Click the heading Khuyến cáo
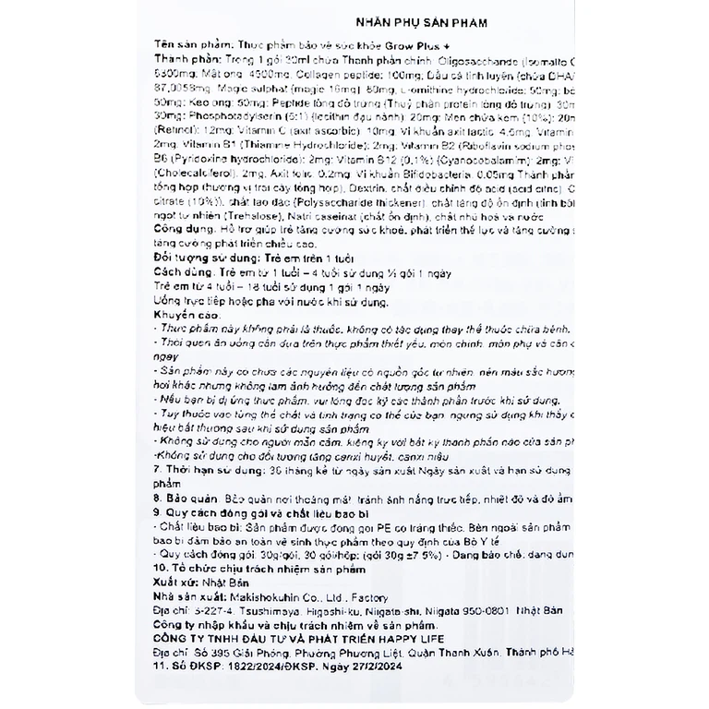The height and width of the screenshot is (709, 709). (x=183, y=316)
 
